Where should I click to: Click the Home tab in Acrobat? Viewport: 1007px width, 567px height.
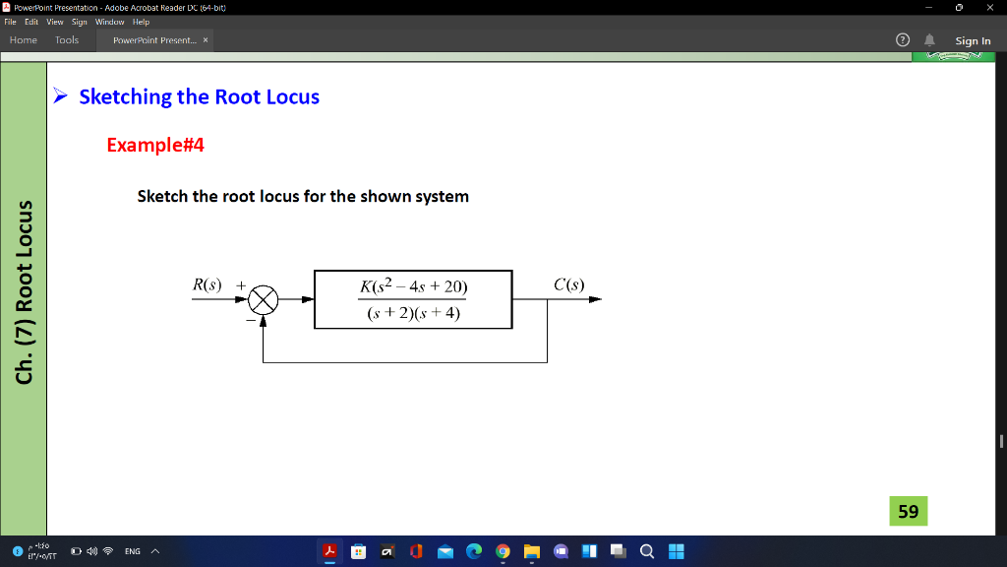(23, 40)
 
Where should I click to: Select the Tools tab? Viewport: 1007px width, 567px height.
(67, 40)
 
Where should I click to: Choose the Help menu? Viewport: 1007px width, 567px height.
(141, 22)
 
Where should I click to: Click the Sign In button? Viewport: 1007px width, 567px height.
(973, 40)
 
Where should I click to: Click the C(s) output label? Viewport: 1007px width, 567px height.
(568, 285)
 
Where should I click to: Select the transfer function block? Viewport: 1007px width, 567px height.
(413, 299)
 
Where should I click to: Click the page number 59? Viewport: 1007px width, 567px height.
(908, 511)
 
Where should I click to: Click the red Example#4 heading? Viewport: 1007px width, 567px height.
(155, 145)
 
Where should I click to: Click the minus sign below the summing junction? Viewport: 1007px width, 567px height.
(251, 319)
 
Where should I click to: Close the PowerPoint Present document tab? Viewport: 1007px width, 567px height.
(205, 40)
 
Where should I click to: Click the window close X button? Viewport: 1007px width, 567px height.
(989, 7)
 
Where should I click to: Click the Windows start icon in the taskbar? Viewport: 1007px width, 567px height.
(676, 551)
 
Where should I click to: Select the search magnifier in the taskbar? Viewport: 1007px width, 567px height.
(647, 551)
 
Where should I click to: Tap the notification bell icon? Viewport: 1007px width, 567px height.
(930, 40)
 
